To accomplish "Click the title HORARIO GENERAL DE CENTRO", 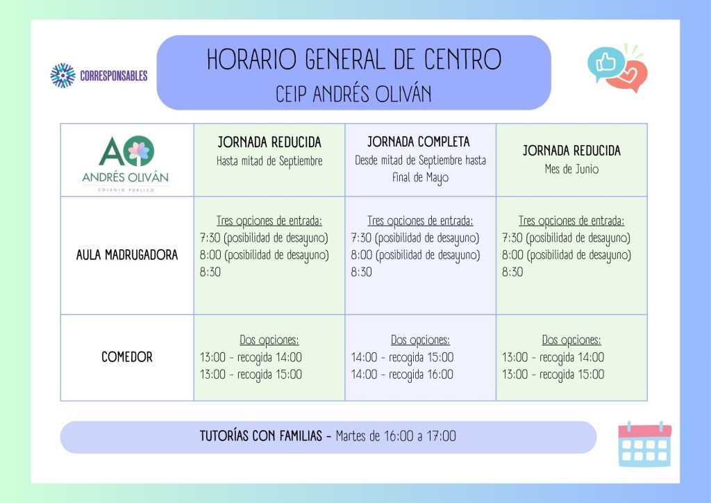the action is (354, 60).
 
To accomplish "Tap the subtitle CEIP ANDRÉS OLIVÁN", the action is (353, 94).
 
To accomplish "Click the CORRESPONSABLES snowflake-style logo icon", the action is (62, 75).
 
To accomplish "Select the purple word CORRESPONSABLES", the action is (114, 76).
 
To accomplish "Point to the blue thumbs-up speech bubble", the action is (605, 63).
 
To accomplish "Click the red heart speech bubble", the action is (629, 76).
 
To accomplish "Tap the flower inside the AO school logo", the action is (139, 151).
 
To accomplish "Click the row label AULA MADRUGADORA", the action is (127, 256).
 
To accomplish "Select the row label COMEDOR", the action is (127, 357).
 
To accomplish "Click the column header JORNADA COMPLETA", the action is (419, 142).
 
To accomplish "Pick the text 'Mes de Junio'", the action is (572, 170).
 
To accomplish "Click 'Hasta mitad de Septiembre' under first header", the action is (269, 161).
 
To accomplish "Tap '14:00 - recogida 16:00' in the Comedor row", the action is (402, 374).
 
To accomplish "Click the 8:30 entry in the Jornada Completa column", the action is (361, 272).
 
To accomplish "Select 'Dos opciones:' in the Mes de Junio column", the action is (571, 340).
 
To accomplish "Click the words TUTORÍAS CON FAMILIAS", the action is (261, 436).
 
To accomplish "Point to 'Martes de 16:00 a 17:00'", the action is (396, 436).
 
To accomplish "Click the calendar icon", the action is (645, 445).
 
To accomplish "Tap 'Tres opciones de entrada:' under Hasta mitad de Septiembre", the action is (269, 221).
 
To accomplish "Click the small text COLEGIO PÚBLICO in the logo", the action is (126, 190).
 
